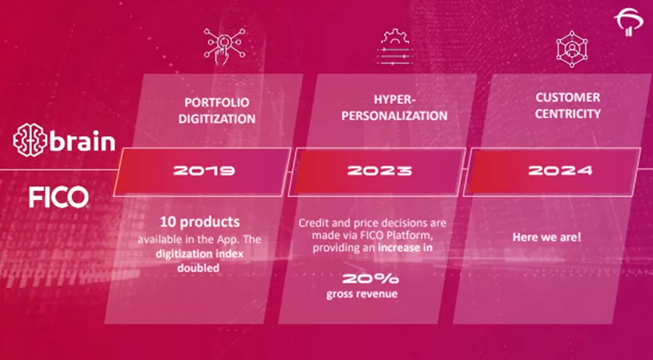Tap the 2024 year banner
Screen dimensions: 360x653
click(x=547, y=169)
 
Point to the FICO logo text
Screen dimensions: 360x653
click(x=59, y=196)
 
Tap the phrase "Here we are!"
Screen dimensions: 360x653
click(x=547, y=237)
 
